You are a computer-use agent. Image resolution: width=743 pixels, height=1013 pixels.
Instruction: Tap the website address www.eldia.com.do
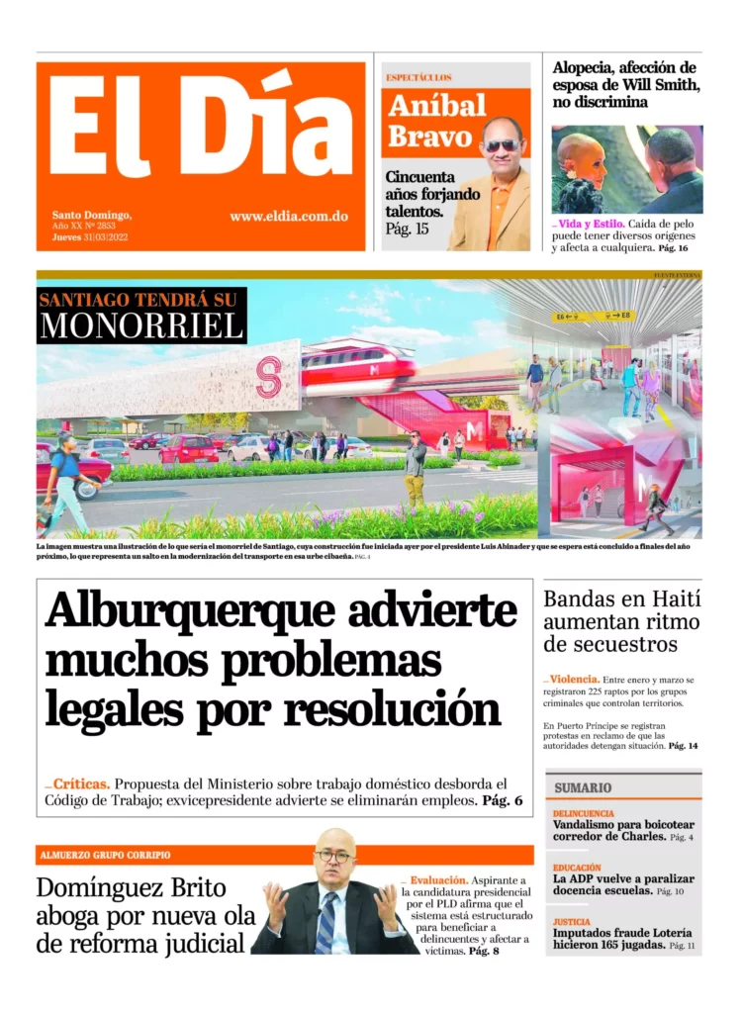pos(288,217)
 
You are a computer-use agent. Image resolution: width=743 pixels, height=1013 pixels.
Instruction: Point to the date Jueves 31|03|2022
pos(90,237)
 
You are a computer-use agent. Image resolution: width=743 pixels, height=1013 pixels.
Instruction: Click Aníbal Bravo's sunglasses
pos(501,145)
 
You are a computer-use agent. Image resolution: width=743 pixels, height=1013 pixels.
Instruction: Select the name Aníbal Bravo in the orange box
pos(436,120)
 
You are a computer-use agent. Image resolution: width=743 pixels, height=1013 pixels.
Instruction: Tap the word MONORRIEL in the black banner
pos(141,325)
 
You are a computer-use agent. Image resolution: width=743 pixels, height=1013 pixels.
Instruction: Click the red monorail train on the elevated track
pos(357,367)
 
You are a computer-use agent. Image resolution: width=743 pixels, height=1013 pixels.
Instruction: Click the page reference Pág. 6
pos(503,800)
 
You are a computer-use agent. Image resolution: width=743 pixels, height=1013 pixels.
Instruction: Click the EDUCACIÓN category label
pos(577,868)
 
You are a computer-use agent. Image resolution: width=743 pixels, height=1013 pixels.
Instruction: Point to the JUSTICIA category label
pos(572,921)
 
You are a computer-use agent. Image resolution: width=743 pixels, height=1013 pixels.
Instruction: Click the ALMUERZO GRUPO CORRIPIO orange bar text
pos(105,855)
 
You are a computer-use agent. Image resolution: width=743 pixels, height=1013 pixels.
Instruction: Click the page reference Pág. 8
pos(484,951)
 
